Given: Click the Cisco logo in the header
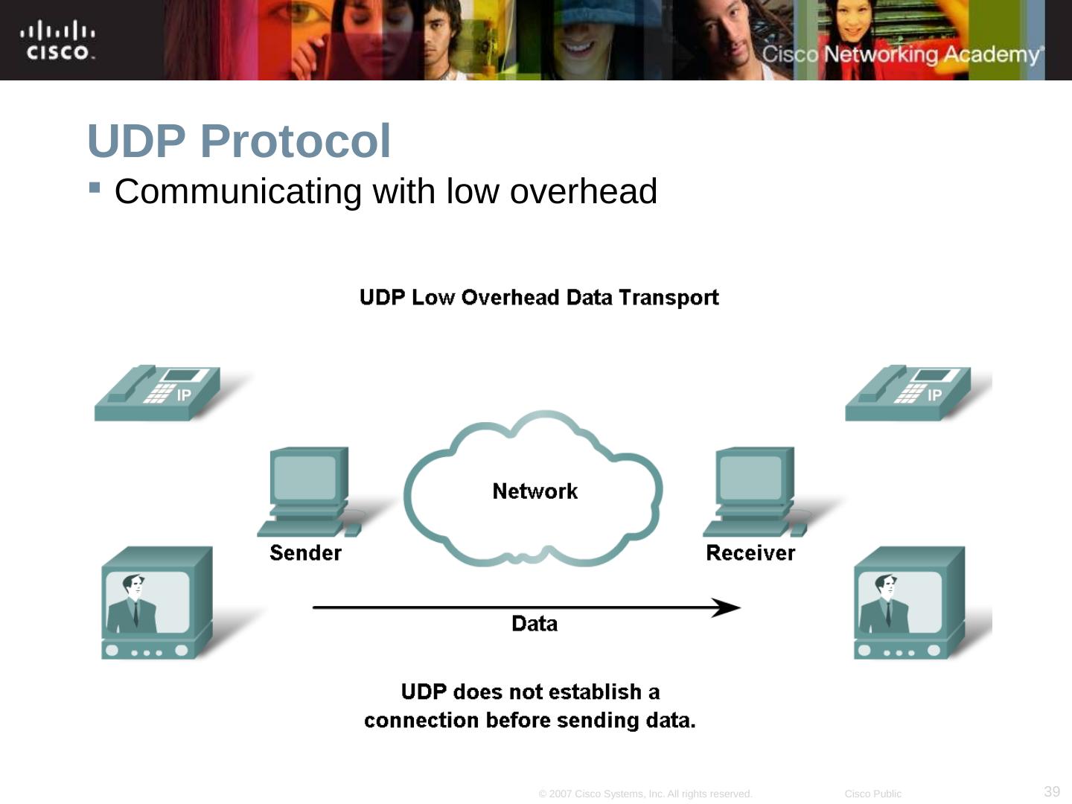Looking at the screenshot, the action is pyautogui.click(x=57, y=41).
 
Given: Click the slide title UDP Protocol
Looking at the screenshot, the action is pyautogui.click(x=239, y=141).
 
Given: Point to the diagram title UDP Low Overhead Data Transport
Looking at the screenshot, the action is pyautogui.click(x=539, y=298).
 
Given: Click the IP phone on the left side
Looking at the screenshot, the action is pyautogui.click(x=158, y=393).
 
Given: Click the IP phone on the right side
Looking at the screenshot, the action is pyautogui.click(x=908, y=393).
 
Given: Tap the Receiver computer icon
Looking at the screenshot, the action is pyautogui.click(x=753, y=491).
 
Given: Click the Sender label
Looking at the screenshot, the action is pyautogui.click(x=305, y=553).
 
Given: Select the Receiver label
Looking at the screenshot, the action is pyautogui.click(x=750, y=553).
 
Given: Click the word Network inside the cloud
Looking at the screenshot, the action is pyautogui.click(x=535, y=491).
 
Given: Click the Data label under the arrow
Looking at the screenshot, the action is pyautogui.click(x=535, y=624).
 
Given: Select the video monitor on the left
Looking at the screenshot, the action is pyautogui.click(x=157, y=603).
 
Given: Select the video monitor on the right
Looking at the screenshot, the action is pyautogui.click(x=909, y=603).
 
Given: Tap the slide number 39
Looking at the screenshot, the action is pyautogui.click(x=1052, y=791).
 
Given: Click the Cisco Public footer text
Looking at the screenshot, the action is pyautogui.click(x=872, y=794).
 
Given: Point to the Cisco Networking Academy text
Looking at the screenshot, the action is pyautogui.click(x=902, y=54).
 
